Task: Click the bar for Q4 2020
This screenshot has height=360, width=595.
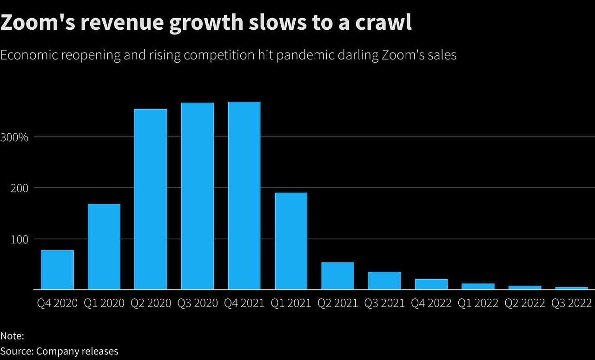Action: click(x=57, y=270)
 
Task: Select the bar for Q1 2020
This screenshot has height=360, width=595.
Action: click(x=104, y=247)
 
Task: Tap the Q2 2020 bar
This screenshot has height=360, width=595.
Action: click(x=151, y=199)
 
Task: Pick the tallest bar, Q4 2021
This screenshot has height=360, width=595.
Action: click(x=244, y=196)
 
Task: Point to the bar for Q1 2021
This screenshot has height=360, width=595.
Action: click(x=291, y=241)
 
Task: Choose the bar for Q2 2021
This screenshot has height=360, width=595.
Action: click(x=337, y=276)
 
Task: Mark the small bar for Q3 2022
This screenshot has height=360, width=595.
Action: click(x=571, y=288)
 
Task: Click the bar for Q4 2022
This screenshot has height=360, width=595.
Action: click(x=431, y=284)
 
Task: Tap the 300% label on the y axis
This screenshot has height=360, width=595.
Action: click(x=14, y=137)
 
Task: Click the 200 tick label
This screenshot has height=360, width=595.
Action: click(x=19, y=188)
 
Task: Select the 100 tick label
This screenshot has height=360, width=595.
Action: click(x=19, y=239)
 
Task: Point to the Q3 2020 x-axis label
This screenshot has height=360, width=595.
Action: click(x=198, y=303)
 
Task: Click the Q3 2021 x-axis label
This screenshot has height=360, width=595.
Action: click(x=384, y=303)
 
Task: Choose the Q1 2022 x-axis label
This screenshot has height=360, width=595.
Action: click(x=478, y=303)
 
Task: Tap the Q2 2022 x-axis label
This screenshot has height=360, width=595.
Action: click(x=525, y=303)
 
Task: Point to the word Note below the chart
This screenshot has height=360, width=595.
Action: click(x=12, y=336)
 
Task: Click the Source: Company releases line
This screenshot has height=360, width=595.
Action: click(x=59, y=351)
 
